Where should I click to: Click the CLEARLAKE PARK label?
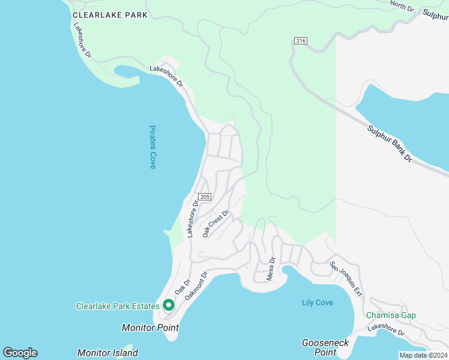coord(109,15)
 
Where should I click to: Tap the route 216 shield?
coord(301,41)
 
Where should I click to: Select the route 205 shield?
coord(205,197)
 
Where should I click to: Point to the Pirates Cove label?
coord(152,147)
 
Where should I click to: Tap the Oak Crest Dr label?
coord(216,223)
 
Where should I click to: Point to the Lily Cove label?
coord(318,303)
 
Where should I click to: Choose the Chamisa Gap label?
coord(391,316)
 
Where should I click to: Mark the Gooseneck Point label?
coord(325,347)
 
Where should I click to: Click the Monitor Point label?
coord(150,328)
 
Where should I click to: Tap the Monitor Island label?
coord(107,353)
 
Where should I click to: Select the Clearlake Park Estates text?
coord(118,306)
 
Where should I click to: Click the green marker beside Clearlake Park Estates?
coord(169,306)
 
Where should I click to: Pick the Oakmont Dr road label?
coord(196,286)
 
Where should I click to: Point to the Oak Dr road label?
coord(182,287)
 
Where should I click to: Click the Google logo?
coord(20,353)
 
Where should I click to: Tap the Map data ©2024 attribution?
coord(423,355)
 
